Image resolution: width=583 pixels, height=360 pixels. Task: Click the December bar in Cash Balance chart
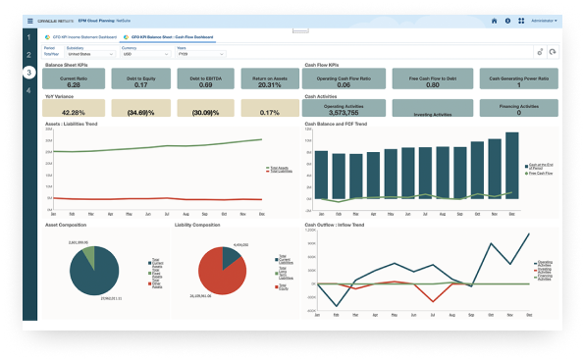coord(511,166)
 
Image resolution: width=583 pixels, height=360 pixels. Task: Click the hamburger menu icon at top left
coord(29,20)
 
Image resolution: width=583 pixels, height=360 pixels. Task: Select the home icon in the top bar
coord(494,20)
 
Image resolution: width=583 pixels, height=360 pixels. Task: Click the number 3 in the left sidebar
coord(30,73)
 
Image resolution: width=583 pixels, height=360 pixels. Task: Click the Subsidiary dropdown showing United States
coord(86,54)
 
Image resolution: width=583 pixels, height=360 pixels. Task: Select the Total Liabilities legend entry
coord(280,172)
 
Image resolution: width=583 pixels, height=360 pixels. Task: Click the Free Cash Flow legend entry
coord(541,173)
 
